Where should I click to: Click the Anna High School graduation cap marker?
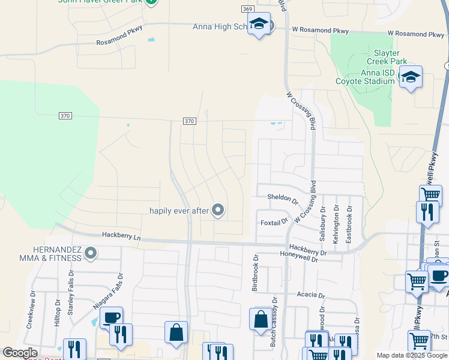pyautogui.click(x=259, y=24)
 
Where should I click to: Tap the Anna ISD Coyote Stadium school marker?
pyautogui.click(x=411, y=77)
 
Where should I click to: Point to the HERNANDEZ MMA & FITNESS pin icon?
pyautogui.click(x=91, y=253)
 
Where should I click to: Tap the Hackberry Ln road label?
pyautogui.click(x=121, y=237)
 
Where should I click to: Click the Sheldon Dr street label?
pyautogui.click(x=283, y=197)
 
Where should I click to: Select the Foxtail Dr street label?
pyautogui.click(x=275, y=222)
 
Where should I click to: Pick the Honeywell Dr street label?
pyautogui.click(x=303, y=254)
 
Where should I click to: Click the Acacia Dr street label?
pyautogui.click(x=311, y=295)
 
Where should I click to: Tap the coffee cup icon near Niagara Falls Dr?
pyautogui.click(x=111, y=318)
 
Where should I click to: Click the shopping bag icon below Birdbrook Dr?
pyautogui.click(x=261, y=319)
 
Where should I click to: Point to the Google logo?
pyautogui.click(x=20, y=353)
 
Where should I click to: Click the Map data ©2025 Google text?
pyautogui.click(x=412, y=355)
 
